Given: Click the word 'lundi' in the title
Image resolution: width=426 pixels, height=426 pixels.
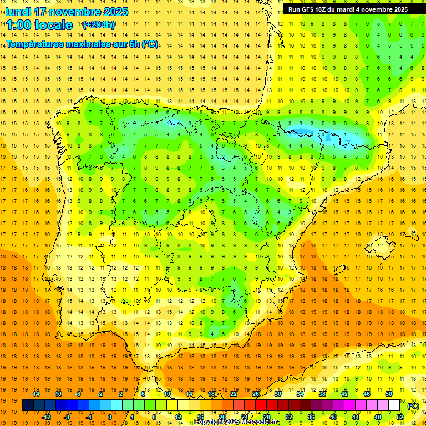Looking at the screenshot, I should coord(18,12).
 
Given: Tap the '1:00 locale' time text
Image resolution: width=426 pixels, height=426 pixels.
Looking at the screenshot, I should coord(39,25).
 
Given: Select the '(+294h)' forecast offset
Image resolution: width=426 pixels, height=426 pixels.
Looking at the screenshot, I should coord(99,24).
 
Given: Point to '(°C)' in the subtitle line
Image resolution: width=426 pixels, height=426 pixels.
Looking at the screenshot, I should coord(150,44).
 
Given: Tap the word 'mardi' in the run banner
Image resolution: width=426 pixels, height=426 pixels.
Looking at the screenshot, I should coord(351,9).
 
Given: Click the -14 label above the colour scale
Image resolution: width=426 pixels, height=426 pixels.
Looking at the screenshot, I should coord(35,394).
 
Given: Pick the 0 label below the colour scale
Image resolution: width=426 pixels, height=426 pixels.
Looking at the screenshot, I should coord(110,417).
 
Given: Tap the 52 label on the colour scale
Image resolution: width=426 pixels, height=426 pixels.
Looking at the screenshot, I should coord(400,417).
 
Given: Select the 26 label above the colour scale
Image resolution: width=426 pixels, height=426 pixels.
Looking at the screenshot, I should coord(256,394).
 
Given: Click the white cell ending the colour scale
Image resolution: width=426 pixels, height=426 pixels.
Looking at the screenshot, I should coord(394,405).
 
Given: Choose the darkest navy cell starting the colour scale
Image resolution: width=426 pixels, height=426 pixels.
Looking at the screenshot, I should coord(28,405).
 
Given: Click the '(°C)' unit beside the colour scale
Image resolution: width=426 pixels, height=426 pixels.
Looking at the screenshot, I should coord(413,406).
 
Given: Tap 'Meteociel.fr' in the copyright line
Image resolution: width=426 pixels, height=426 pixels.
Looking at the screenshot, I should coord(260,422).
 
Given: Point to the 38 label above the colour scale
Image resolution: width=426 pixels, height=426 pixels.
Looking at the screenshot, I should coord(322,394).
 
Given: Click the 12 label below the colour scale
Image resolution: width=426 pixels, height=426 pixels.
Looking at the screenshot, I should coord(177,417).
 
